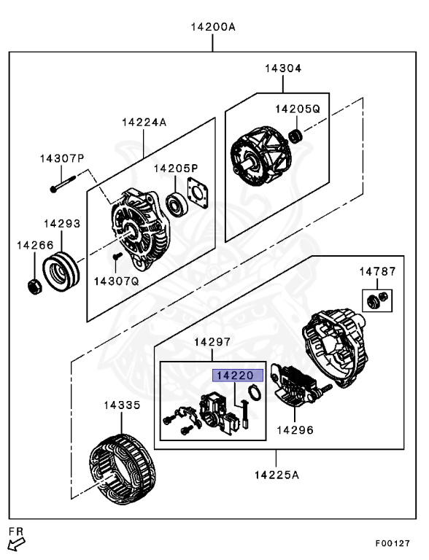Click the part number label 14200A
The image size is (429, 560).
[x=213, y=27]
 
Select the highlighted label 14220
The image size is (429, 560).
[x=238, y=376]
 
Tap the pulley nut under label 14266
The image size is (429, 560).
[x=35, y=286]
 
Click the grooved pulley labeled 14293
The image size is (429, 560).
[x=61, y=271]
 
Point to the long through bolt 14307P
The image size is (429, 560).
[x=63, y=183]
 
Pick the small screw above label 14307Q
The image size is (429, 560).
[x=117, y=256]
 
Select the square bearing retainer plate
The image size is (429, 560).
[x=197, y=192]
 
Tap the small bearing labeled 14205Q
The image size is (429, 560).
[x=295, y=136]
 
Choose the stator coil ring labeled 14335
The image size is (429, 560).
[x=122, y=469]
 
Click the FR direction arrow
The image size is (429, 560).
[x=16, y=544]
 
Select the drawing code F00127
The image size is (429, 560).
[x=393, y=543]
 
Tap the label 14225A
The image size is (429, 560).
[x=277, y=475]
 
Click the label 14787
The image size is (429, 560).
[x=378, y=271]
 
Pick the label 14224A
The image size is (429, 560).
[x=144, y=122]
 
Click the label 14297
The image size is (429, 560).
[x=212, y=342]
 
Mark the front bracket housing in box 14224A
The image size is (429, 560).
[x=139, y=228]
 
